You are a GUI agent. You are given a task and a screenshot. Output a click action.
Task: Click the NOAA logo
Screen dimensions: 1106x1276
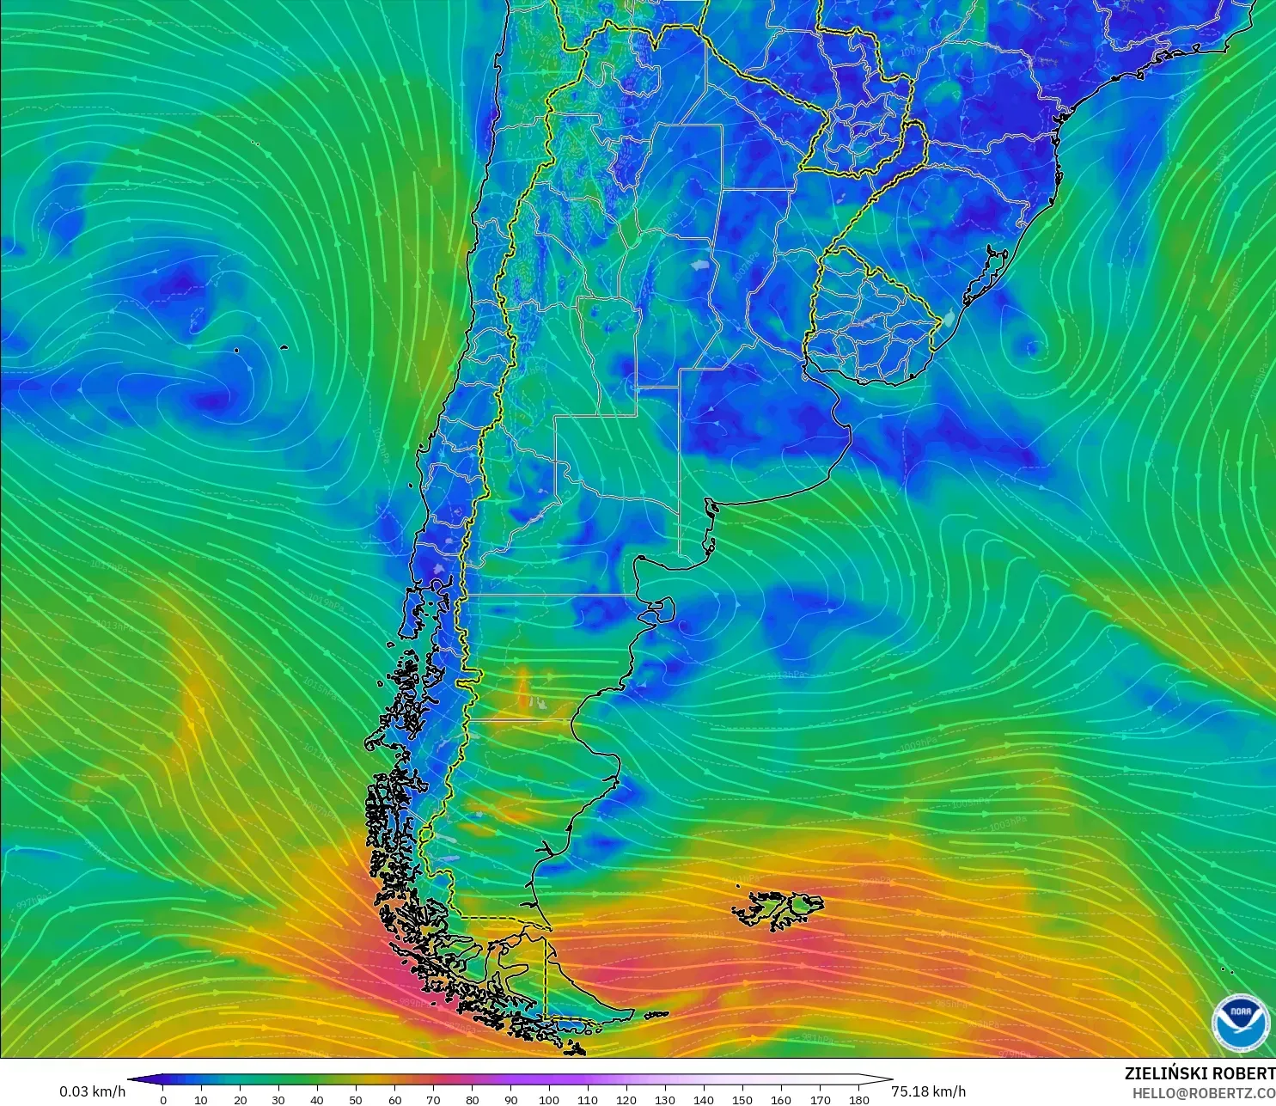1240,1022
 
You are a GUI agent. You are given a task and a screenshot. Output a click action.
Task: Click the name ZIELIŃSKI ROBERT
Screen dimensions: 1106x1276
1200,1073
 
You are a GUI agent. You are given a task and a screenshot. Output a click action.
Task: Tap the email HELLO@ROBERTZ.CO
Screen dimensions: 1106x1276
1203,1093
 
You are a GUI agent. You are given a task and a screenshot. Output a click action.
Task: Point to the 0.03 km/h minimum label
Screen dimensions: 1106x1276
92,1091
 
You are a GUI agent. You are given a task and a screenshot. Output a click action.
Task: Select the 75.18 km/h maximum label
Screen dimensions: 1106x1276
928,1091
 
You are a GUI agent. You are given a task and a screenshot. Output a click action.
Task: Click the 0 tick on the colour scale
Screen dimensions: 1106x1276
163,1099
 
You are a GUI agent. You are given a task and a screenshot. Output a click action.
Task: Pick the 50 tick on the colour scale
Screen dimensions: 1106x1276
356,1099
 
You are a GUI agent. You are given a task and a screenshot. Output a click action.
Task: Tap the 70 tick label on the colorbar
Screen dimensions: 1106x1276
433,1099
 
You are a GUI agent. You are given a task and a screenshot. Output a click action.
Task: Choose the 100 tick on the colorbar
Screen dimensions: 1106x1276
549,1099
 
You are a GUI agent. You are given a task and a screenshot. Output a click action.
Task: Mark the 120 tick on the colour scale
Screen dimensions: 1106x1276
626,1099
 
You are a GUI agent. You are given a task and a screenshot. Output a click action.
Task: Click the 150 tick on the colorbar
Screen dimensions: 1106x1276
742,1099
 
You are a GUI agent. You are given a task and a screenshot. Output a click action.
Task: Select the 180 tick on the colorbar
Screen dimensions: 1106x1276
858,1099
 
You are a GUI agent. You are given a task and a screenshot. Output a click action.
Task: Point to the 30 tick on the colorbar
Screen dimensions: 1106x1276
278,1099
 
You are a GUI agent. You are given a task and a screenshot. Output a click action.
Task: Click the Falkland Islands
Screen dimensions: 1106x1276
778,909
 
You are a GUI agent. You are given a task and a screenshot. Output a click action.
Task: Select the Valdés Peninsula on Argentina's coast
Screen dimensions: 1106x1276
660,611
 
